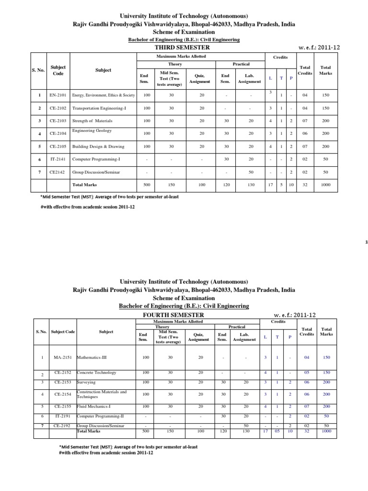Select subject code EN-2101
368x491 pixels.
click(x=58, y=95)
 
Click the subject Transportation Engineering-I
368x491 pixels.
click(x=99, y=108)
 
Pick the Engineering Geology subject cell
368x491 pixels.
click(x=92, y=130)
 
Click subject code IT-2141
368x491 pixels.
click(x=58, y=158)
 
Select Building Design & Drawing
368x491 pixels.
click(x=98, y=146)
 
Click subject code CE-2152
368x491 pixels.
click(x=64, y=373)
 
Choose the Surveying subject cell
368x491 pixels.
click(x=86, y=383)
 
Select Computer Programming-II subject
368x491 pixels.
click(x=99, y=417)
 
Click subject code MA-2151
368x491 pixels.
click(x=64, y=358)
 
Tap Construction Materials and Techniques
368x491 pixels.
click(x=102, y=394)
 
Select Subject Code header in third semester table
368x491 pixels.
click(x=58, y=70)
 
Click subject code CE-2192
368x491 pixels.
click(x=64, y=425)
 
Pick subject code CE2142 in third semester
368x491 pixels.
click(x=58, y=171)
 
